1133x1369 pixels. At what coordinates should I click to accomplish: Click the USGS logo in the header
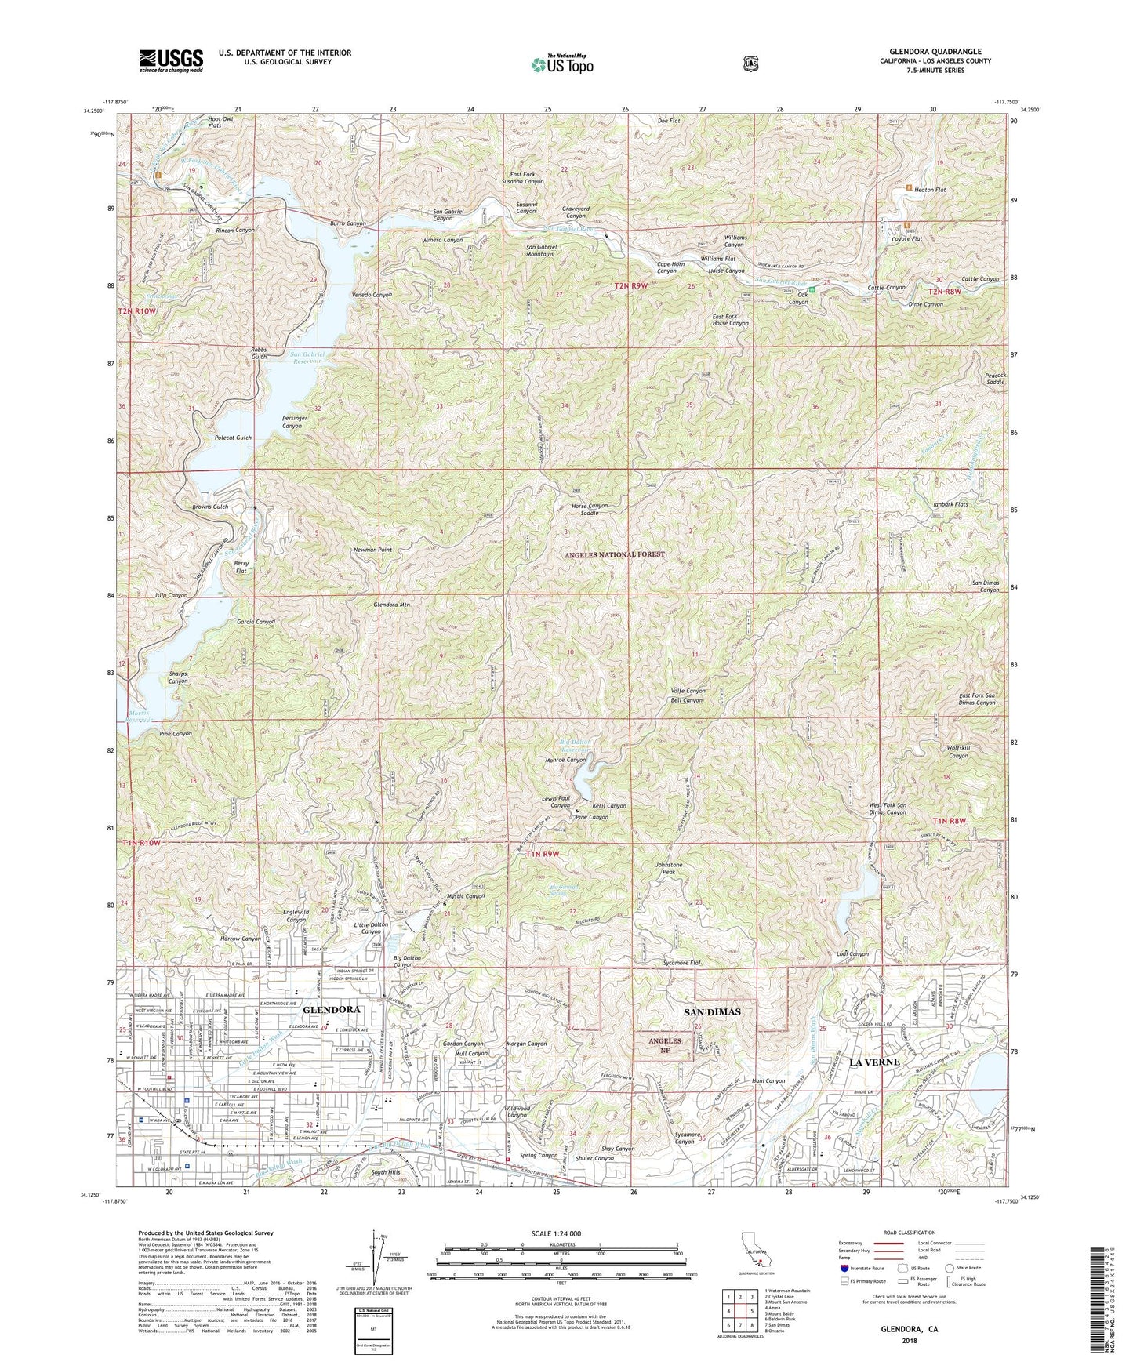pos(171,60)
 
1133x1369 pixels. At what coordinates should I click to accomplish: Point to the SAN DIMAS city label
pos(714,1011)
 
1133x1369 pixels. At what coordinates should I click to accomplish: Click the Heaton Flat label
pos(931,189)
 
